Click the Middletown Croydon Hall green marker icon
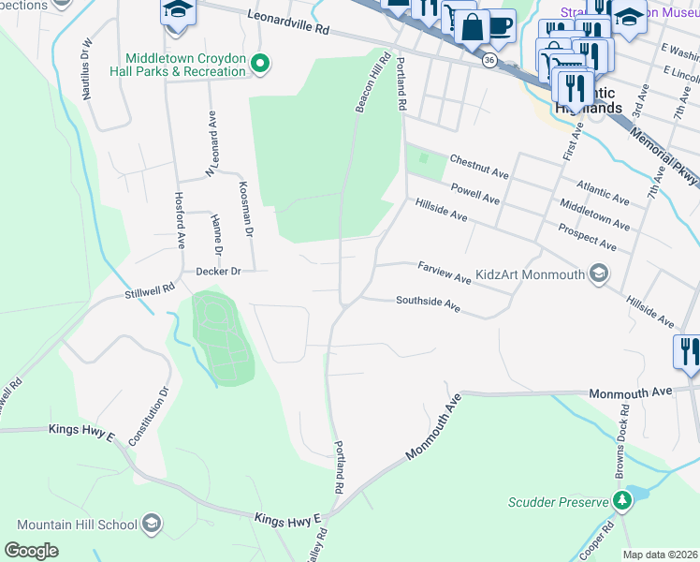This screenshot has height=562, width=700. click(x=262, y=65)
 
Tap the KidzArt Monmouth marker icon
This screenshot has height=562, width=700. click(x=600, y=274)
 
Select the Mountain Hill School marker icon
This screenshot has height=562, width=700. click(x=153, y=525)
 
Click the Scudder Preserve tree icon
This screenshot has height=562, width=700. click(x=620, y=501)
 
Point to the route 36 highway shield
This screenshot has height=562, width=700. click(x=489, y=59)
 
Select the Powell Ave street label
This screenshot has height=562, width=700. click(x=475, y=193)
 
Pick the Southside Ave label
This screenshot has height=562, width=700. click(x=428, y=303)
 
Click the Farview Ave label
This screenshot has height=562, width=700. click(x=444, y=273)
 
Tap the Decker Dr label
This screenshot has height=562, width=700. click(x=219, y=272)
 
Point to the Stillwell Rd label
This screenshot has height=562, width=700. click(x=151, y=293)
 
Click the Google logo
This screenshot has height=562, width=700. click(x=31, y=551)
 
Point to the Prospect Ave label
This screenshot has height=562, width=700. click(x=587, y=237)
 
